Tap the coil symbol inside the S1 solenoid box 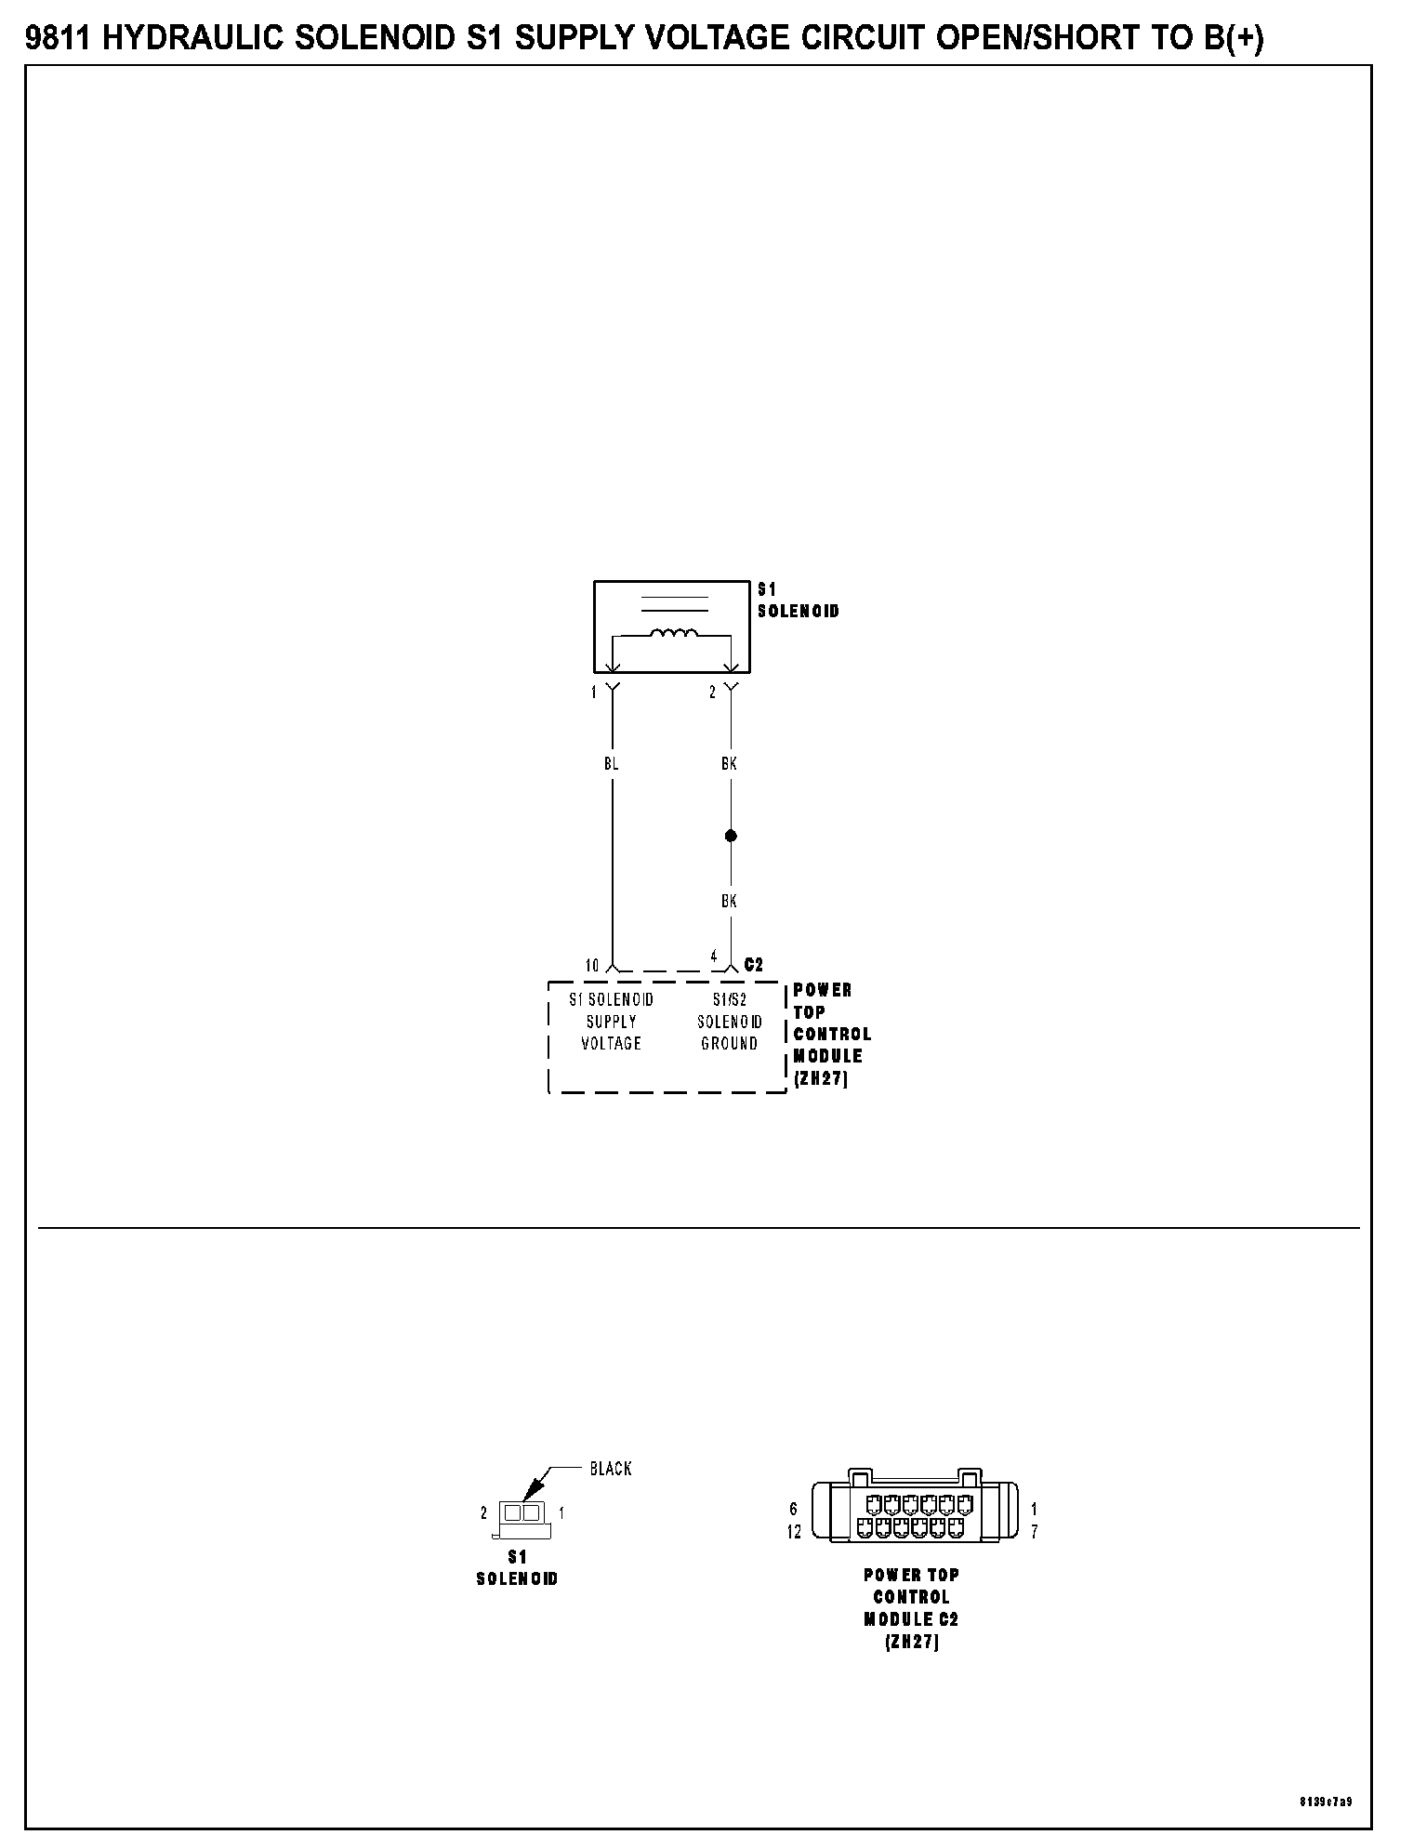674,634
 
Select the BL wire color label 611,763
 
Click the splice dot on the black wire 731,836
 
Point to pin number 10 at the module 592,966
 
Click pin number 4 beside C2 714,956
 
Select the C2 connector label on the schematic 753,965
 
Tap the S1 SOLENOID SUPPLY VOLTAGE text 611,1022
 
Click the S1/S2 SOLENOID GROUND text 730,1022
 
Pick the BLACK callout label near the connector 611,1469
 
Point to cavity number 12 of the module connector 794,1532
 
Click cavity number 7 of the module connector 1035,1532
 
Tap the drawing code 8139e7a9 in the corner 1326,1802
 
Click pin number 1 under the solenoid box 593,693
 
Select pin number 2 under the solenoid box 713,693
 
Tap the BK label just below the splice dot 729,901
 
